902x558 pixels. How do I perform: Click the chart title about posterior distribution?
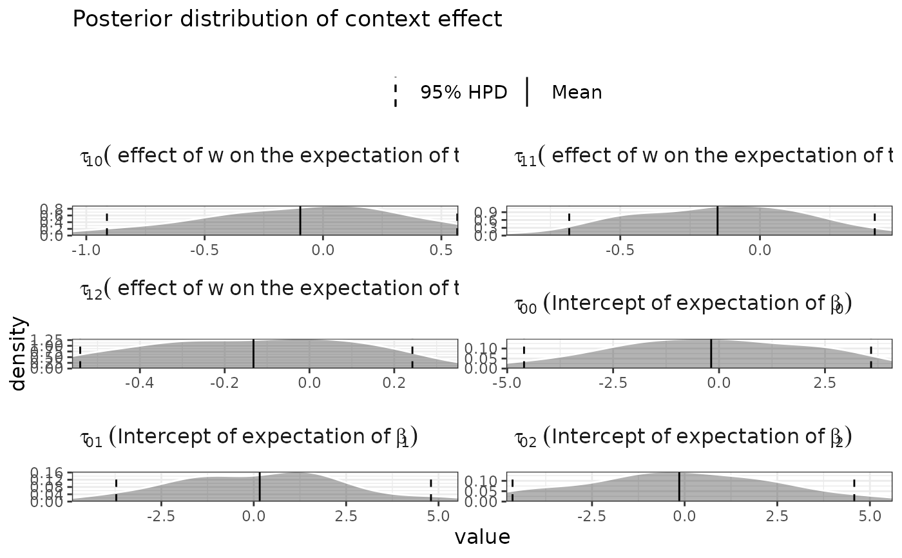[x=287, y=19]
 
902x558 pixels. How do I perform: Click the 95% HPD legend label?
[x=463, y=93]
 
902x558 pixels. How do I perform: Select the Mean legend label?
[x=577, y=93]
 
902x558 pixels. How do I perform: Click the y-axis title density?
[x=19, y=353]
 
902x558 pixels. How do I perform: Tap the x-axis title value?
[x=482, y=537]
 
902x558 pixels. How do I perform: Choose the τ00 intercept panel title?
[x=682, y=304]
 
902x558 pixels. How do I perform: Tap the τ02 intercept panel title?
[x=682, y=438]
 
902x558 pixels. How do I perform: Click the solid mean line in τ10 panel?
[x=300, y=221]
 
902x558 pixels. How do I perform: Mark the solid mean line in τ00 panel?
[x=711, y=354]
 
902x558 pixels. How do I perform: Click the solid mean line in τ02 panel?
[x=679, y=486]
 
